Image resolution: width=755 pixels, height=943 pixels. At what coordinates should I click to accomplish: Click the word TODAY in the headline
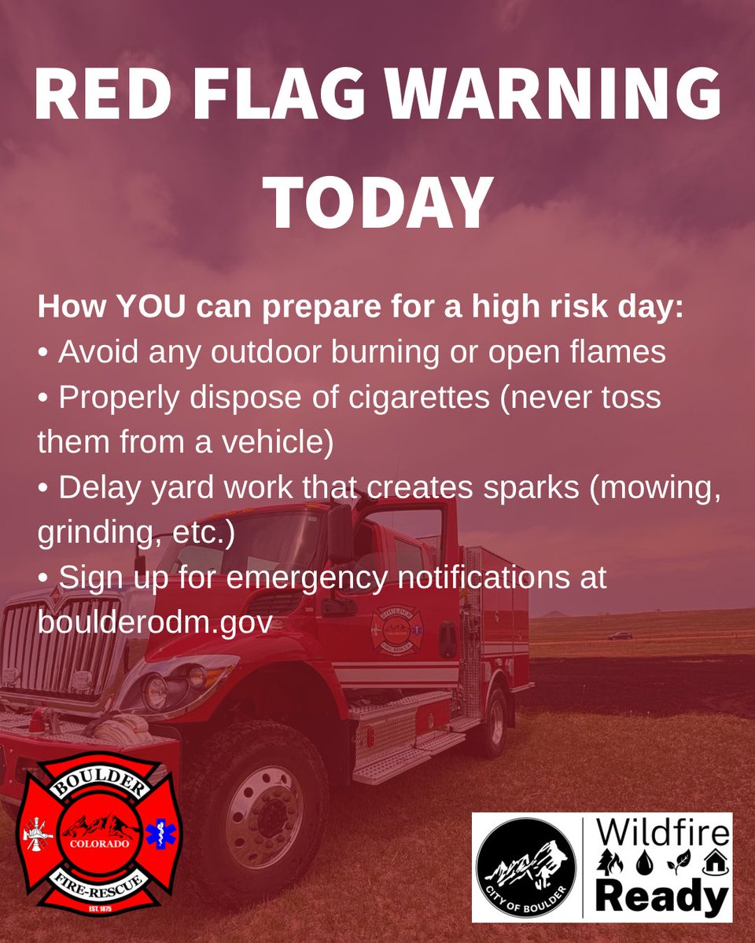pyautogui.click(x=378, y=202)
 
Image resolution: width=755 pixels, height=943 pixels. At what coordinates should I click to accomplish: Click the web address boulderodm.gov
pyautogui.click(x=155, y=622)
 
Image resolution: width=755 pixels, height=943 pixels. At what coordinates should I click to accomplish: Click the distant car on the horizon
pyautogui.click(x=620, y=635)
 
